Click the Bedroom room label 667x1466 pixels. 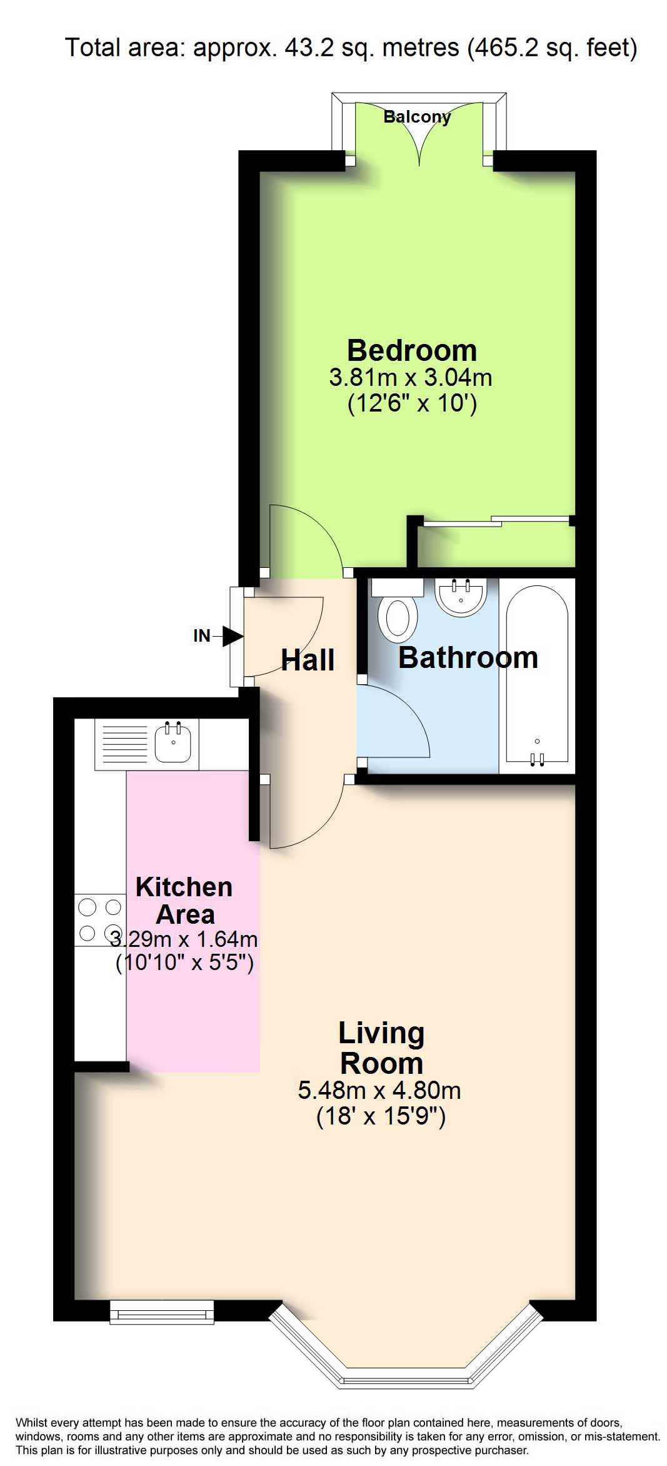pyautogui.click(x=411, y=350)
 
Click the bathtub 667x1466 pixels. pyautogui.click(x=536, y=675)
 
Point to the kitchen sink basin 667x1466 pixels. pyautogui.click(x=173, y=742)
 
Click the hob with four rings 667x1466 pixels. pyautogui.click(x=100, y=920)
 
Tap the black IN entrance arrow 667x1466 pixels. pyautogui.click(x=233, y=637)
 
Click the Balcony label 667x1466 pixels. pyautogui.click(x=417, y=117)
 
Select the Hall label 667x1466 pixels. pyautogui.click(x=308, y=660)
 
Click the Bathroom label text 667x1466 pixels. pyautogui.click(x=468, y=658)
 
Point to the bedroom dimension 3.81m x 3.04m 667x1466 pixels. pyautogui.click(x=411, y=378)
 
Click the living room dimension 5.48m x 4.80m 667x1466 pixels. pyautogui.click(x=379, y=1091)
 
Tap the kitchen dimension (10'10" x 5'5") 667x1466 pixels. pyautogui.click(x=185, y=963)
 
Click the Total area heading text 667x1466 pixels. pyautogui.click(x=351, y=48)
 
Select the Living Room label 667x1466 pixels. pyautogui.click(x=381, y=1048)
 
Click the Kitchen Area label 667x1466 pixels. pyautogui.click(x=184, y=901)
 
